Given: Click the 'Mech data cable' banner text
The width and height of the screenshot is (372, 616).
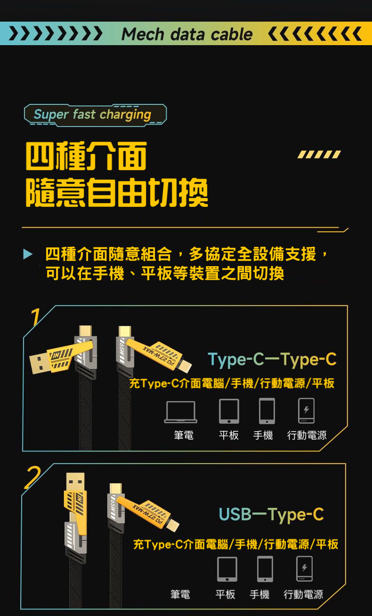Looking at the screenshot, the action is point(187,35).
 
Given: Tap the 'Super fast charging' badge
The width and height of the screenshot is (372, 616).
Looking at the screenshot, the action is point(95,115).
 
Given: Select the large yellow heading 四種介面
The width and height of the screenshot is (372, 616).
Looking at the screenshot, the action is point(86,156).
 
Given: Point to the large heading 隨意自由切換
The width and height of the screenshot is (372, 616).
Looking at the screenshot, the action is point(117,192).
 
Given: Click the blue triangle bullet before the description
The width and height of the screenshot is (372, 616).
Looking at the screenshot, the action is point(27,254).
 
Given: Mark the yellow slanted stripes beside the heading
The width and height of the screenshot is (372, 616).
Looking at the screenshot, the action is point(319,154).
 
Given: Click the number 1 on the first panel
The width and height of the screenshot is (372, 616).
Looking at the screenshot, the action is point(36,317).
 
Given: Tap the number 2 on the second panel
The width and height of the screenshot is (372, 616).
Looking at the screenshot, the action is point(33,477).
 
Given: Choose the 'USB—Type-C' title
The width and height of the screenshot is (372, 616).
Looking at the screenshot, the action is point(271,514).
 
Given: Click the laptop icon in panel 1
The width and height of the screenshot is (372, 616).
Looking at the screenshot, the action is point(181,412).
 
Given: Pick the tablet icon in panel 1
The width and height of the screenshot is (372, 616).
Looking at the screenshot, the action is point(229,411).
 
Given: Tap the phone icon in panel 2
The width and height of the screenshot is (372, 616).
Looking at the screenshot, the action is point(265,569).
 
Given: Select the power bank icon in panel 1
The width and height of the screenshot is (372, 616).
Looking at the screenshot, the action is point(306,411).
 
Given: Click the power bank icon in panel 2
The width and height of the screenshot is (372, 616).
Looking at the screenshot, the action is point(304,569).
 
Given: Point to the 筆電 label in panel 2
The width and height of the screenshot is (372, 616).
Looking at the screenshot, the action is point(180,594).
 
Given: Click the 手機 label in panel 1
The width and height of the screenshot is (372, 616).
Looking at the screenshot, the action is point(263,435).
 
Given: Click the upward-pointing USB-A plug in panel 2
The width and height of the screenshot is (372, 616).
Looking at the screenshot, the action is point(75,482).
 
